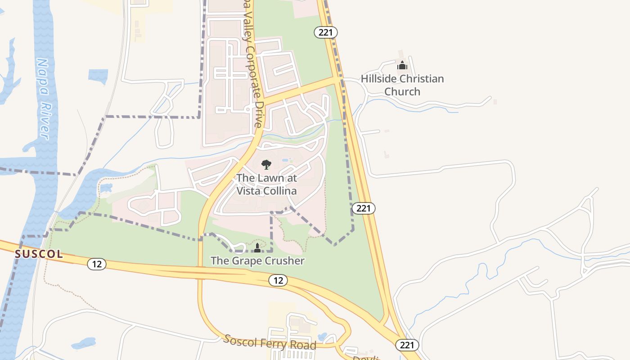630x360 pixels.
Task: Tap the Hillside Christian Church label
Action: pyautogui.click(x=402, y=85)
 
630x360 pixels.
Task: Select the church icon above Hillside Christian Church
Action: pyautogui.click(x=402, y=66)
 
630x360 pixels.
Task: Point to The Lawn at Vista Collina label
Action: pyautogui.click(x=267, y=184)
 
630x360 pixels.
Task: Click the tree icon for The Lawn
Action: pyautogui.click(x=266, y=165)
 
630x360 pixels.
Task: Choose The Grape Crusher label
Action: pyautogui.click(x=257, y=261)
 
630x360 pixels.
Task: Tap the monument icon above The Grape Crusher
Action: pyautogui.click(x=257, y=248)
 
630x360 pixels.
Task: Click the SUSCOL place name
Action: pyautogui.click(x=39, y=254)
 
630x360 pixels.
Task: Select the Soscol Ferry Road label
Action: pyautogui.click(x=270, y=342)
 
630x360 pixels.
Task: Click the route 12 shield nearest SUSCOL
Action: pyautogui.click(x=97, y=264)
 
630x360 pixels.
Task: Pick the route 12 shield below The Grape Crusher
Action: pyautogui.click(x=278, y=280)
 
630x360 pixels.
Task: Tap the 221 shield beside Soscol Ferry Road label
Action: pyautogui.click(x=407, y=345)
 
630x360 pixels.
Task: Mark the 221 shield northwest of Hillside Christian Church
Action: pyautogui.click(x=326, y=32)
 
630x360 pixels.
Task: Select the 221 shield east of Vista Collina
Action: pyautogui.click(x=363, y=208)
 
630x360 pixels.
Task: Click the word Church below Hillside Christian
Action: pyautogui.click(x=402, y=91)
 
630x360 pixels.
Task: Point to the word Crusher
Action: pyautogui.click(x=282, y=261)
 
